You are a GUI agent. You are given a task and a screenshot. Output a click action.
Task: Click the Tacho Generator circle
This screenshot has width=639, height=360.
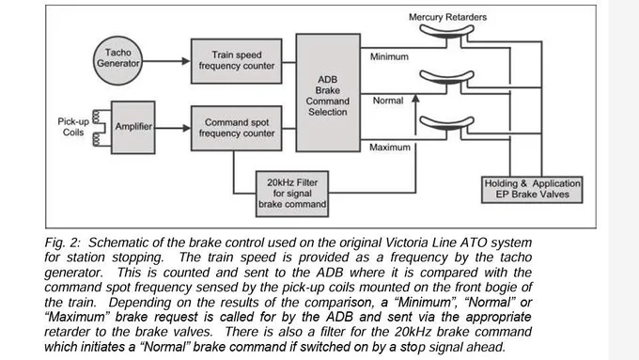117,61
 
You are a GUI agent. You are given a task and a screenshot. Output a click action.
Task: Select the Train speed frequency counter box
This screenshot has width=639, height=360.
237,61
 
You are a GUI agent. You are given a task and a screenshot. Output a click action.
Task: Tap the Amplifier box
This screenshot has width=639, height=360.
132,127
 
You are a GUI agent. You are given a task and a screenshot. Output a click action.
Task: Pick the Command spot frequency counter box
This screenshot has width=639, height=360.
237,129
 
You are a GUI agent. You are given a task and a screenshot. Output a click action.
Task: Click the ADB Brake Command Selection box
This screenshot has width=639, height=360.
328,93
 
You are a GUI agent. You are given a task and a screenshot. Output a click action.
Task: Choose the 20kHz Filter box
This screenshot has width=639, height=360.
292,194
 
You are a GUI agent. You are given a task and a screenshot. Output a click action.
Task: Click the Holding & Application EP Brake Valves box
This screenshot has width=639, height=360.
532,190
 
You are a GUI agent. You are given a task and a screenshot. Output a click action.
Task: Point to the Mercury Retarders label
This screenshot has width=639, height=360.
447,17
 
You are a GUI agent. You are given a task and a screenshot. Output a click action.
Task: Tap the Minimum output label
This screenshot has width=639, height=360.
389,56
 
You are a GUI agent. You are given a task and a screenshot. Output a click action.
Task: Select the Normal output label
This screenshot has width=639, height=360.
388,101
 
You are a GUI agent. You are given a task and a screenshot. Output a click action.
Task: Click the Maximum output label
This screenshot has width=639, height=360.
390,148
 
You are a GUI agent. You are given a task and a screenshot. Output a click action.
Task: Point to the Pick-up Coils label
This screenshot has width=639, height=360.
73,127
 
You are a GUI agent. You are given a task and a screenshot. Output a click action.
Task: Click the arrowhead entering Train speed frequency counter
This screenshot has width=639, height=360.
186,61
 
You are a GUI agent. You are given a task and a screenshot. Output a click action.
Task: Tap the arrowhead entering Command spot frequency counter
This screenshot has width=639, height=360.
186,128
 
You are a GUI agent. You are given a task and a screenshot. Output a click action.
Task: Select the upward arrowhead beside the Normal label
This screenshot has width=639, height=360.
415,99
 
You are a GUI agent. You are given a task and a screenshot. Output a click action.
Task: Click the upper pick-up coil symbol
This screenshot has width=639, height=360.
96,117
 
